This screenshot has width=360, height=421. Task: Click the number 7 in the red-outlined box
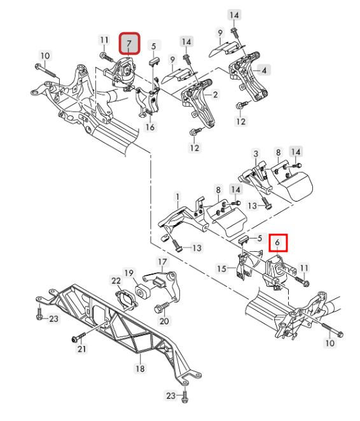point(129,43)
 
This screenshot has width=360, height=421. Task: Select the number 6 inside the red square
point(277,242)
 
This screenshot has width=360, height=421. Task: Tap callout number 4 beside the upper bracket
point(264,71)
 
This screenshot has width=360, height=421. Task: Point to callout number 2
point(216,95)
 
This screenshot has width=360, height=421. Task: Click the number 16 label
point(150,127)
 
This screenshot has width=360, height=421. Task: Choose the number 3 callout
point(256,153)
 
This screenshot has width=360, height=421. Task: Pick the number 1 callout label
point(177,197)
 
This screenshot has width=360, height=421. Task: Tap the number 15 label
point(222,268)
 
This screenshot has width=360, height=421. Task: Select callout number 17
point(162,262)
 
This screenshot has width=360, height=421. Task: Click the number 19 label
point(129,273)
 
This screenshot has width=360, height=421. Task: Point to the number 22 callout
point(116,281)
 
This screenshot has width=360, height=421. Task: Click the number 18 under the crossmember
point(140,369)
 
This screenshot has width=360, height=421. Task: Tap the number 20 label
point(164,321)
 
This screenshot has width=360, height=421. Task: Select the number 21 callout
point(82,349)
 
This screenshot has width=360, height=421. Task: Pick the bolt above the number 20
point(162,307)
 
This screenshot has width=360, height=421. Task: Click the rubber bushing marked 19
point(143,292)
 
